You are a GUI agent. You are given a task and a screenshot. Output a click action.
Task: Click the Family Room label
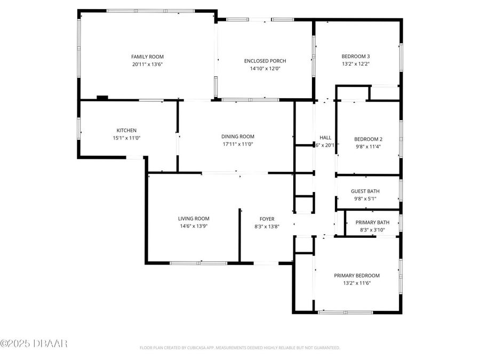click(147, 57)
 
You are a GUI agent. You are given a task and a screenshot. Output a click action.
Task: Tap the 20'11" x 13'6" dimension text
click(147, 64)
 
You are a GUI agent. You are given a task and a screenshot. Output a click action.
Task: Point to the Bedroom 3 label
click(356, 57)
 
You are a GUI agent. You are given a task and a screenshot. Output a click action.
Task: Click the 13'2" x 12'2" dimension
click(356, 64)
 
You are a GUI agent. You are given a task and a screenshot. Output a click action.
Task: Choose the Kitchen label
click(126, 130)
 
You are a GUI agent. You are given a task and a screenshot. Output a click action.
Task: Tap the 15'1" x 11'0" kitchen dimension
click(126, 138)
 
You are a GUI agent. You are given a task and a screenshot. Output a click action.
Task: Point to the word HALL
click(325, 137)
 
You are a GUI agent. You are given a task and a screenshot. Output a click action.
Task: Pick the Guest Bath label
click(365, 191)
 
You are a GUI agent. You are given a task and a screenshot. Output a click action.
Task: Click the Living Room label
click(194, 218)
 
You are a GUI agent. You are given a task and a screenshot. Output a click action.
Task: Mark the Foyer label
click(267, 219)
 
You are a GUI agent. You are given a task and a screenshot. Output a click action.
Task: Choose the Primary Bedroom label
click(357, 275)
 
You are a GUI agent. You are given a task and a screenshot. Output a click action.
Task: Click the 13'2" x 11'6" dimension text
click(357, 283)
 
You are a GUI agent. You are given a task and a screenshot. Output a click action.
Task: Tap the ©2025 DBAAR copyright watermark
click(34, 343)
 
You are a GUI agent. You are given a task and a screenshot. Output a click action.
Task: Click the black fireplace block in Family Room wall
click(102, 98)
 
